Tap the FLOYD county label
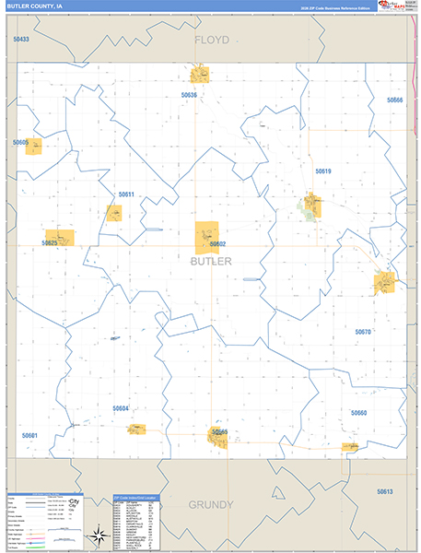pyautogui.click(x=211, y=41)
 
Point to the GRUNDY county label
pyautogui.click(x=211, y=505)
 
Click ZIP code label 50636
pyautogui.click(x=190, y=95)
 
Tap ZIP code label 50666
pyautogui.click(x=395, y=100)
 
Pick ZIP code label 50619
pyautogui.click(x=322, y=171)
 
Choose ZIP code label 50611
pyautogui.click(x=126, y=194)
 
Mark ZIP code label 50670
pyautogui.click(x=362, y=332)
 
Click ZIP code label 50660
pyautogui.click(x=358, y=413)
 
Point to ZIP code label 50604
pyautogui.click(x=121, y=408)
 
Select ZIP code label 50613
pyautogui.click(x=384, y=491)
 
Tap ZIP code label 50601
pyautogui.click(x=29, y=435)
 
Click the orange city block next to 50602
pyautogui.click(x=206, y=237)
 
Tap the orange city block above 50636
pyautogui.click(x=200, y=75)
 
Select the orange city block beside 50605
pyautogui.click(x=34, y=145)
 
